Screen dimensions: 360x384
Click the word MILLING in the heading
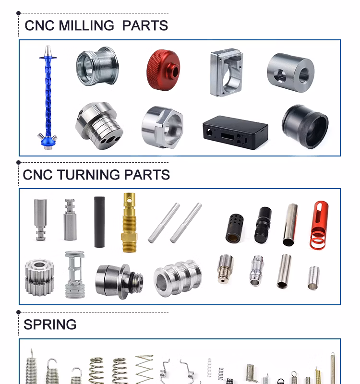86,25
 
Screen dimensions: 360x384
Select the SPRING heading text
50,324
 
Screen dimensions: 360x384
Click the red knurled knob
163,70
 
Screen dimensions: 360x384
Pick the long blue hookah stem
48,98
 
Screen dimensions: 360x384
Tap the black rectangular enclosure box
235,132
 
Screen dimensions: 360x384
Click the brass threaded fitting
129,222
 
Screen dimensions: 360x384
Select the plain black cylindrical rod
99,222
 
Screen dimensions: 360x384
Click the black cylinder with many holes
235,228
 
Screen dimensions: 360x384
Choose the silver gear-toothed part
39,277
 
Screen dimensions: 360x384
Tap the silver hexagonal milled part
162,127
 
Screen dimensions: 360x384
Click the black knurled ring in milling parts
305,126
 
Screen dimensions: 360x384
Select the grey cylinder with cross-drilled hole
291,73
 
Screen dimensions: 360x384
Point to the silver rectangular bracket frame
226,72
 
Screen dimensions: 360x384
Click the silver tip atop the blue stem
48,51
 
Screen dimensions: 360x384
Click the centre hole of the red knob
175,72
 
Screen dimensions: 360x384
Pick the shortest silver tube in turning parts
313,278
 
